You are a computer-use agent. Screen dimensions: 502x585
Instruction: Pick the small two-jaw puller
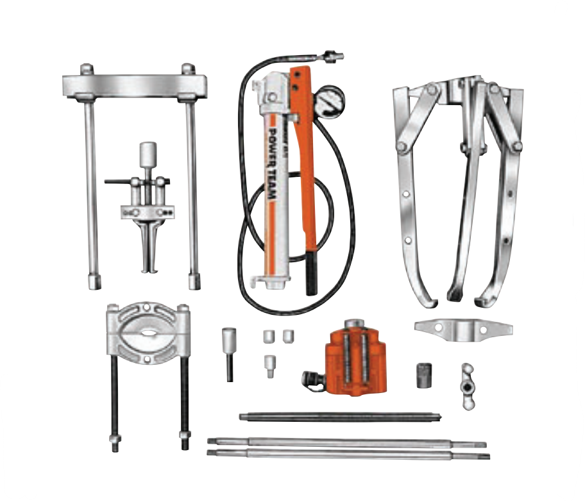click(x=146, y=212)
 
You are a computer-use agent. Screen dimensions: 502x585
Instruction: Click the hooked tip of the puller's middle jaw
click(x=455, y=296)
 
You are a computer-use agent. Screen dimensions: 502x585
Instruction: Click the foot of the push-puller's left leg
click(x=94, y=281)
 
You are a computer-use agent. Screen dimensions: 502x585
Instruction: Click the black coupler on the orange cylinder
click(x=314, y=380)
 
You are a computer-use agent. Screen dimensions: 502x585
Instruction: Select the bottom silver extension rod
click(x=346, y=453)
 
